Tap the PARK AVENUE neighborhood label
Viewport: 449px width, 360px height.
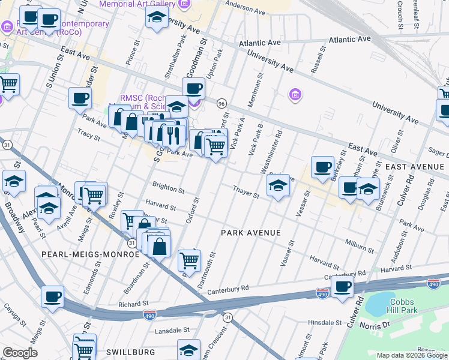point(251,232)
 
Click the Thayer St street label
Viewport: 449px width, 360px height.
point(246,192)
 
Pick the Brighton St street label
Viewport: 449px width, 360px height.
point(168,188)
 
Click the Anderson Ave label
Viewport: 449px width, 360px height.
point(245,8)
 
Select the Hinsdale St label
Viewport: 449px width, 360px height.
point(324,323)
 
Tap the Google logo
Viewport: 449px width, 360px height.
point(20,353)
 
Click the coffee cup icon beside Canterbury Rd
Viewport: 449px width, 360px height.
point(342,287)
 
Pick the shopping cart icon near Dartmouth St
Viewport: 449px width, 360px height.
point(190,260)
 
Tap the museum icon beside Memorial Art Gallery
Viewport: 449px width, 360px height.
point(184,4)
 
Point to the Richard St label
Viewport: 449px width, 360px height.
point(133,304)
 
